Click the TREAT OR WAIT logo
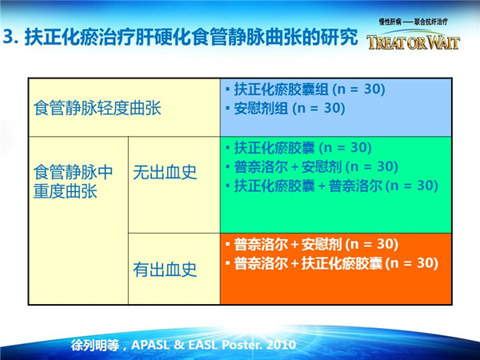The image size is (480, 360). pyautogui.click(x=414, y=42)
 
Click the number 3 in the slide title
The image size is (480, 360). pyautogui.click(x=8, y=38)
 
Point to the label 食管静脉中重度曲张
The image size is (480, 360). pyautogui.click(x=73, y=182)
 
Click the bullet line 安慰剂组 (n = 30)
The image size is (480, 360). pyautogui.click(x=286, y=108)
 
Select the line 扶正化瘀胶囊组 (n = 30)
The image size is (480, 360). pyautogui.click(x=306, y=89)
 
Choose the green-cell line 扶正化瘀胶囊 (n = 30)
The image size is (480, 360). pyautogui.click(x=298, y=148)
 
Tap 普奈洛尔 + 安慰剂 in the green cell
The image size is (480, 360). pyautogui.click(x=288, y=167)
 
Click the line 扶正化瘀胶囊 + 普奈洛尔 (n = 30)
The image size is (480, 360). pyautogui.click(x=332, y=186)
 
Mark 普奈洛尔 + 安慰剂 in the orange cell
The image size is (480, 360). pyautogui.click(x=288, y=244)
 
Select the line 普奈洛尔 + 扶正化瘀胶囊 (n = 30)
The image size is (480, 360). pyautogui.click(x=332, y=263)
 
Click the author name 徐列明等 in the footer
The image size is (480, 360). pyautogui.click(x=95, y=346)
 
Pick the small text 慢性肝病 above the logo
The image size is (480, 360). pyautogui.click(x=390, y=22)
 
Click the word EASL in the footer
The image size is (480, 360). pyautogui.click(x=202, y=345)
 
